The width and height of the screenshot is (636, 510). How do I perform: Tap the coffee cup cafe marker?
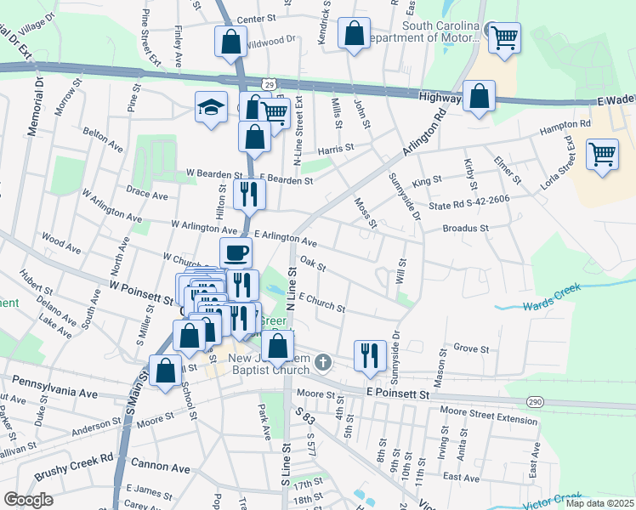(x=236, y=252)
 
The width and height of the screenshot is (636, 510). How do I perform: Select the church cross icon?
(x=321, y=363)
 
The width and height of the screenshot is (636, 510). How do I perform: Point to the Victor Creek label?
(x=552, y=501)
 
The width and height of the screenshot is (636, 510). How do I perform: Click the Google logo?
(x=28, y=500)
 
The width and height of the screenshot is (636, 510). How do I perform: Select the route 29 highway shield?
(x=269, y=85)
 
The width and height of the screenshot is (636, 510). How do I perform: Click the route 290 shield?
(x=533, y=400)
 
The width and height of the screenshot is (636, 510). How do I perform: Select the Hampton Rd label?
(x=565, y=127)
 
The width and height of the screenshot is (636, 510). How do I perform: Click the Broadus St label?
(x=466, y=228)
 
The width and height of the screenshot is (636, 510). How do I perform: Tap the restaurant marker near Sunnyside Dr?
(x=370, y=354)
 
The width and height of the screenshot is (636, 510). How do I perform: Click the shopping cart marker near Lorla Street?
(x=602, y=155)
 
